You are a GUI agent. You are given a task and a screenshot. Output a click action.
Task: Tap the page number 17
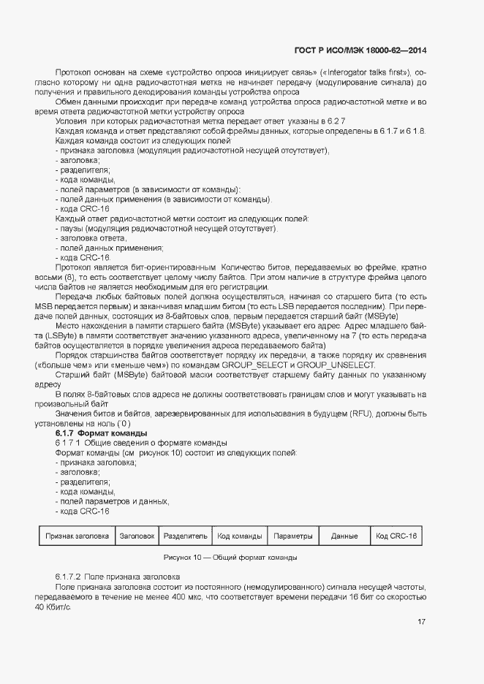(x=422, y=622)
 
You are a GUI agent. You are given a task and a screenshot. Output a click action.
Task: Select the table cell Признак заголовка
(x=77, y=536)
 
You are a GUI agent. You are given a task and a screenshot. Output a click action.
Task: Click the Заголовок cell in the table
(x=137, y=536)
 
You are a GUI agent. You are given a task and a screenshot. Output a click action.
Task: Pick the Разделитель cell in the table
(x=186, y=536)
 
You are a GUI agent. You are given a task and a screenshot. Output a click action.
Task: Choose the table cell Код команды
(x=240, y=536)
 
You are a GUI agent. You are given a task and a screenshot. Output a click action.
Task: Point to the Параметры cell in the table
(x=293, y=536)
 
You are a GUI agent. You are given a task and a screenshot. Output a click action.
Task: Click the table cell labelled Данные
(x=344, y=536)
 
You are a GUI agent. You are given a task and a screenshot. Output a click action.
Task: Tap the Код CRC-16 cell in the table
(x=396, y=536)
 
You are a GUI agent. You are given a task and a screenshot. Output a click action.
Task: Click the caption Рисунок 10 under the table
(x=230, y=558)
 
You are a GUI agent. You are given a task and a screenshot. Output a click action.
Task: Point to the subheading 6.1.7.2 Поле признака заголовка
(x=113, y=577)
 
